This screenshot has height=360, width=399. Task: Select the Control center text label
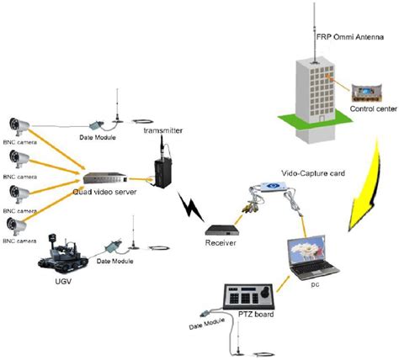(x=367, y=106)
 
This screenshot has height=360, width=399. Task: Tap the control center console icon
(x=365, y=88)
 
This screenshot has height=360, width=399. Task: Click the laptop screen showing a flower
(x=315, y=251)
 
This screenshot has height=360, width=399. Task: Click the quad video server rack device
(x=107, y=177)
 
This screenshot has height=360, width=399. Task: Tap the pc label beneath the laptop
(x=313, y=286)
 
